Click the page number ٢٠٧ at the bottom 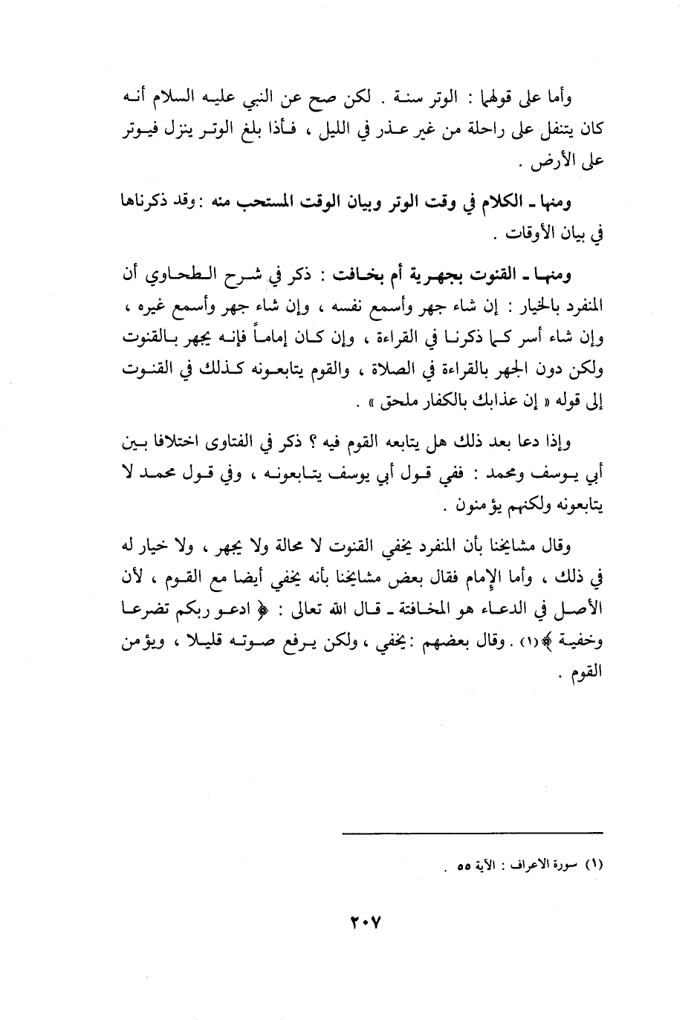[x=365, y=923]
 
